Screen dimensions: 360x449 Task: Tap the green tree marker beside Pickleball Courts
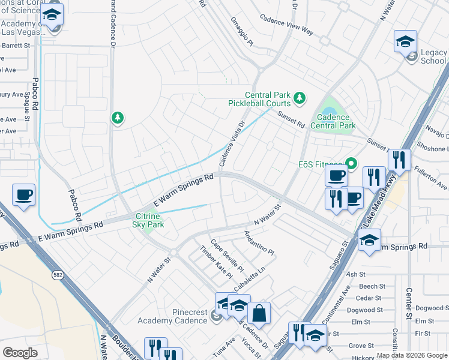(x=299, y=97)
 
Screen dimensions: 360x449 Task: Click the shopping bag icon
(x=259, y=313)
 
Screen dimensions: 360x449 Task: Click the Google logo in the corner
(x=20, y=353)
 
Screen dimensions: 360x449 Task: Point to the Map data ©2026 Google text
(x=411, y=355)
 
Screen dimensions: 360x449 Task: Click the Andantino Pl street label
(x=259, y=244)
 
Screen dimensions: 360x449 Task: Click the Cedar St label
(x=368, y=298)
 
